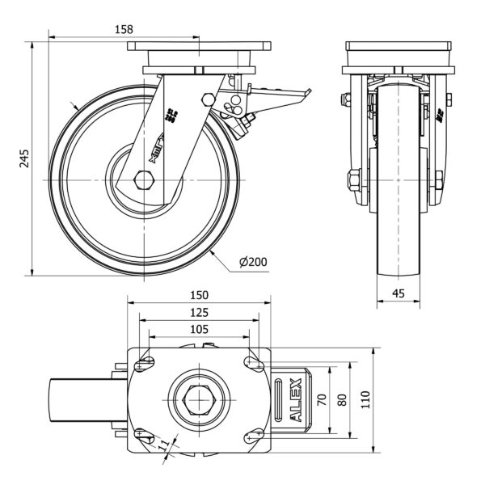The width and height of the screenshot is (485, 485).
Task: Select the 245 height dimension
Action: (24, 158)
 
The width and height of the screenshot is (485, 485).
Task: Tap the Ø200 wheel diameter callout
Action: (253, 261)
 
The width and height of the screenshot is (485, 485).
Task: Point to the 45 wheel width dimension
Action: (398, 294)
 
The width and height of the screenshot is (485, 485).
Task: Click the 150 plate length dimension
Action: (200, 295)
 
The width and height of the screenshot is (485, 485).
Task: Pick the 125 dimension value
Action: (200, 312)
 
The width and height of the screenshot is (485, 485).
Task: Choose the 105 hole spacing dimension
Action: (200, 329)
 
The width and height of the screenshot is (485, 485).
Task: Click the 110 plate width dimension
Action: (365, 399)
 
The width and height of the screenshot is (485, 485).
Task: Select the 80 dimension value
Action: (343, 399)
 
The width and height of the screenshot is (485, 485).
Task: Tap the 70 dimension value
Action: (321, 399)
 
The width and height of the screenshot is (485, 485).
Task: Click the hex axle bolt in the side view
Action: (145, 179)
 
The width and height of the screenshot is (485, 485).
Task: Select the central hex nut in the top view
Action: (200, 399)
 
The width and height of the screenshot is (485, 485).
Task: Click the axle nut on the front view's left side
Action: (354, 179)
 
